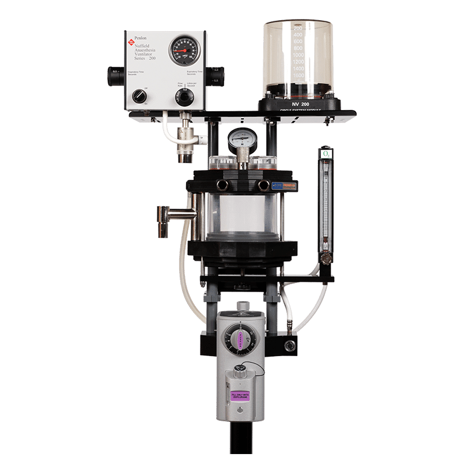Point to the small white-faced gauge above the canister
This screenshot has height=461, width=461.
click(x=239, y=139)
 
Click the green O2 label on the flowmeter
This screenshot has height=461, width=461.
click(x=326, y=154)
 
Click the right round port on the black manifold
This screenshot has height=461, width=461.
click(x=264, y=185)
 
